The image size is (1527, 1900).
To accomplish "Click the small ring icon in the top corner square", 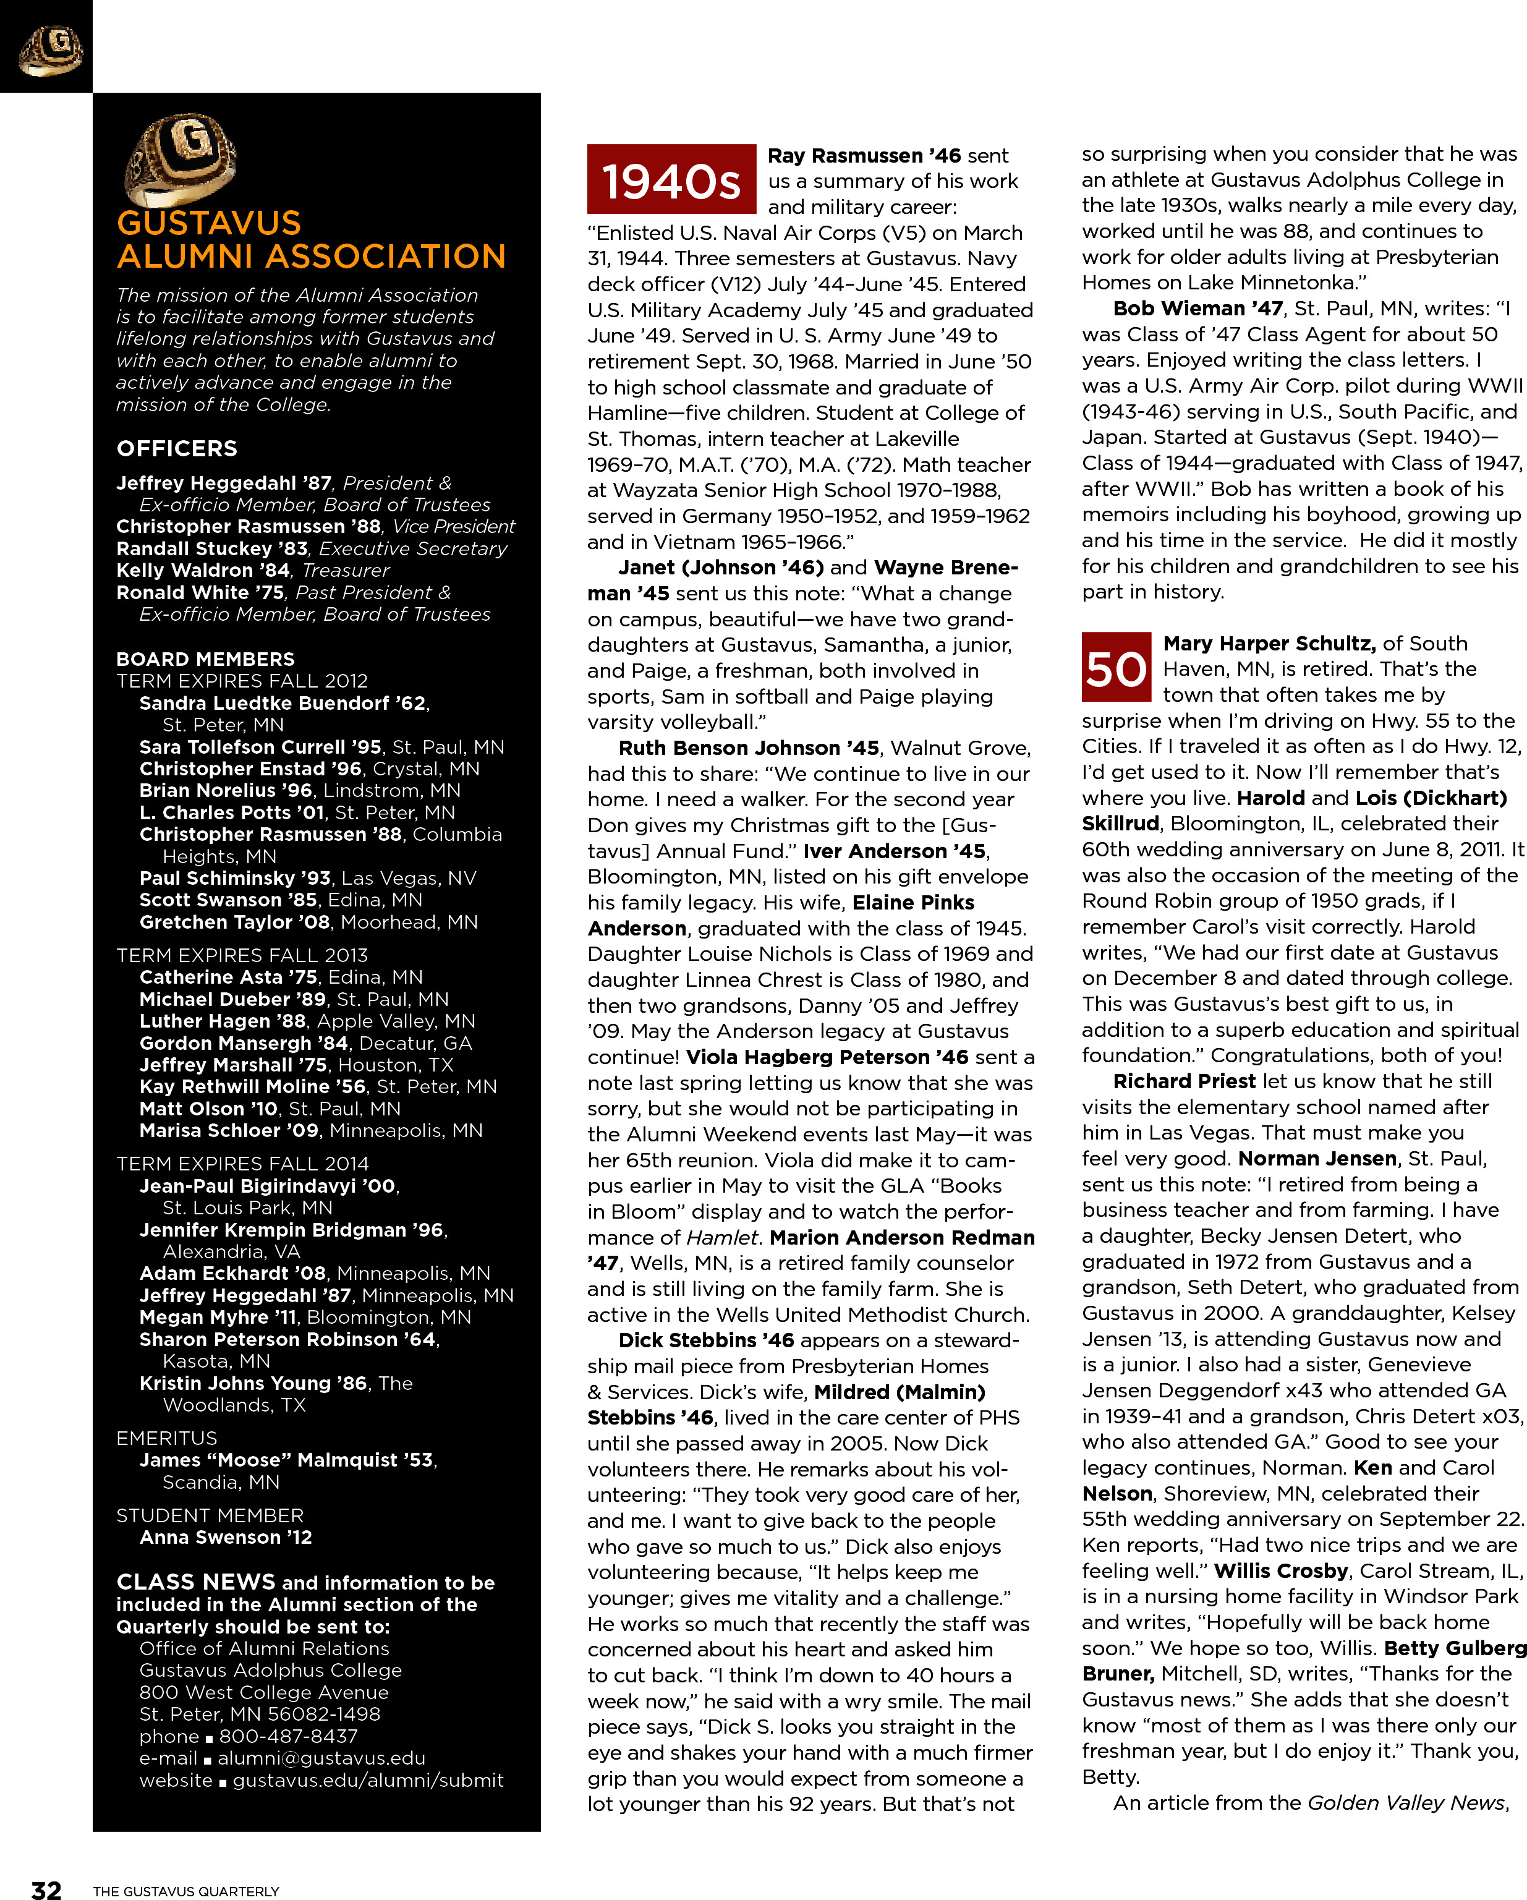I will [x=50, y=50].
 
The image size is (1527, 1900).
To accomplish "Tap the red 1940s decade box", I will [x=671, y=180].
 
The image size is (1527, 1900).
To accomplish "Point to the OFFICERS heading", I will [x=177, y=448].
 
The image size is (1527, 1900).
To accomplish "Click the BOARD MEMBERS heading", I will [x=205, y=659].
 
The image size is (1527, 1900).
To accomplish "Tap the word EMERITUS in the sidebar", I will [x=166, y=1438].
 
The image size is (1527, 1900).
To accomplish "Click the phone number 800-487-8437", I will [x=288, y=1736].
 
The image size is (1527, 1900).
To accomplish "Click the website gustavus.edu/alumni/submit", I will [x=368, y=1780].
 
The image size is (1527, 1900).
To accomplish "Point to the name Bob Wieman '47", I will [x=1197, y=309].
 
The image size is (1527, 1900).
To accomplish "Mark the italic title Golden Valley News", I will [x=1406, y=1802].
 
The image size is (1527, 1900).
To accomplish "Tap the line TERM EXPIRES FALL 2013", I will [x=242, y=955].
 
